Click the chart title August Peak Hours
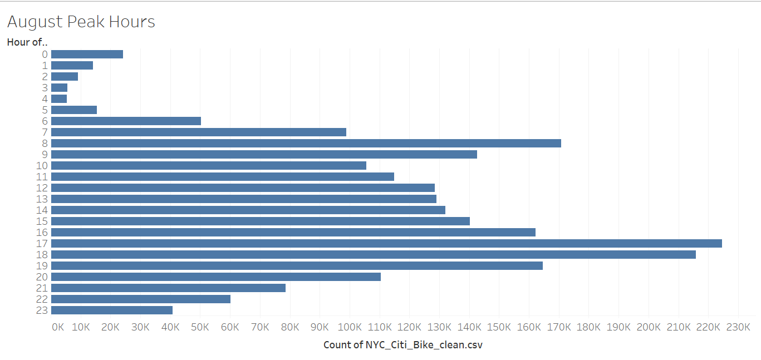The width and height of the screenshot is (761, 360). (81, 22)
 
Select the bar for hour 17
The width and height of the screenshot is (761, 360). (386, 243)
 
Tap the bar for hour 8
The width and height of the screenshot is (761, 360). (306, 143)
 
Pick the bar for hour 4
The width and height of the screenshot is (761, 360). (59, 98)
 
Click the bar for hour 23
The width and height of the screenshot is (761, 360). (112, 310)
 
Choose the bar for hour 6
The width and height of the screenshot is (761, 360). (126, 121)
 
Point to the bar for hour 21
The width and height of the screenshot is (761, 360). (168, 288)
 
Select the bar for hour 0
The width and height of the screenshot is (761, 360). (87, 54)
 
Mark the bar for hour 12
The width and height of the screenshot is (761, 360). (243, 188)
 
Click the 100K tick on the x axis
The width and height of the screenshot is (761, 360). (350, 327)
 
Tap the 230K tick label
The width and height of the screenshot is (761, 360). (738, 327)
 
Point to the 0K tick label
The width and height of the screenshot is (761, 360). (57, 327)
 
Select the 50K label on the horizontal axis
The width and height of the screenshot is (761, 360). (200, 327)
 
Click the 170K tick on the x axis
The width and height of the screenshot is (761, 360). (559, 327)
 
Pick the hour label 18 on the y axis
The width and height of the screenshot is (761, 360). (42, 254)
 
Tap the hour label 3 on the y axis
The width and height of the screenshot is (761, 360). (45, 87)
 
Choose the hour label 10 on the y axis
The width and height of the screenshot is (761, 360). (42, 165)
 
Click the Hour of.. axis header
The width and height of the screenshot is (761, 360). (27, 42)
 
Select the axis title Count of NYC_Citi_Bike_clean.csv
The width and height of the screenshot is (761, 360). (402, 345)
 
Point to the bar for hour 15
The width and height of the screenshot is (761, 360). (261, 221)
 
